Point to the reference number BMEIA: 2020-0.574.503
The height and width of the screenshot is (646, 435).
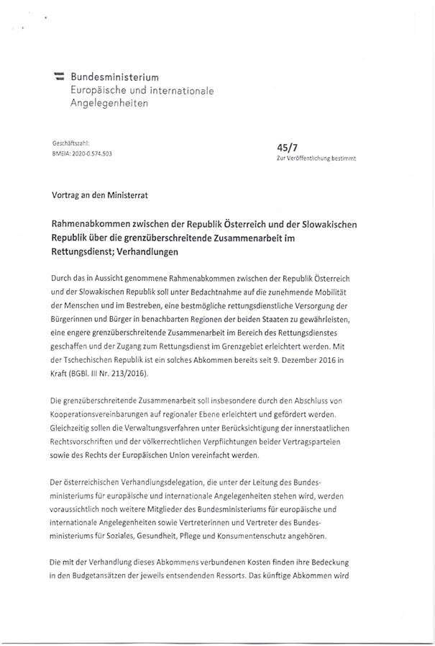[83, 154]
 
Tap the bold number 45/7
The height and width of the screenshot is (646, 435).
[277, 146]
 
